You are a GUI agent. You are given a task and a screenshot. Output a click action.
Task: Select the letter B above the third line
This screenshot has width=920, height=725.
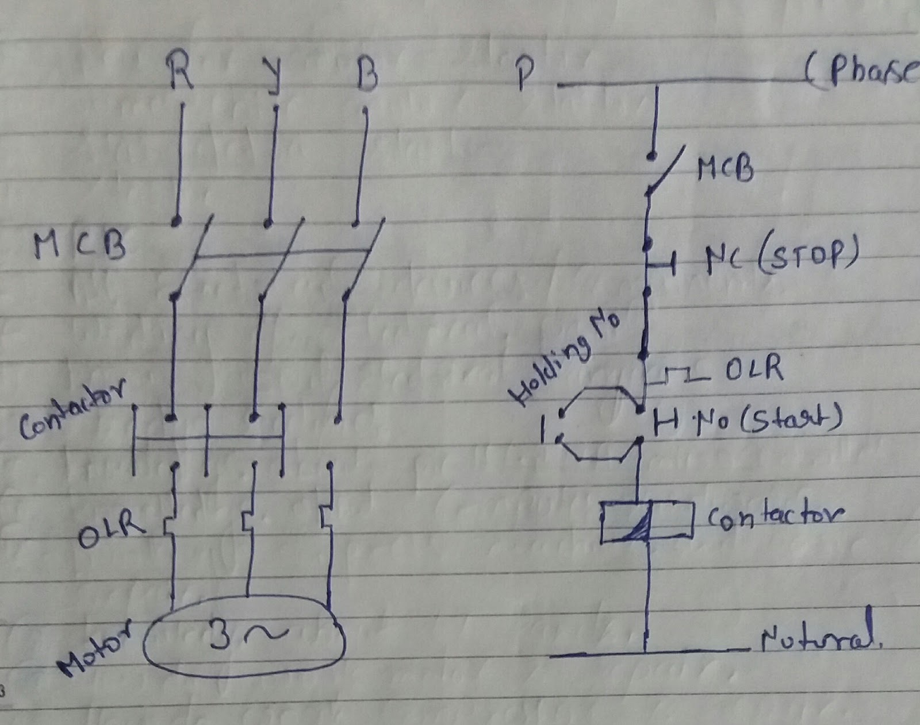[x=366, y=73]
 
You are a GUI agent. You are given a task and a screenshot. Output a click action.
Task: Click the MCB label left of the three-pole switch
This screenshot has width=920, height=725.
[x=79, y=245]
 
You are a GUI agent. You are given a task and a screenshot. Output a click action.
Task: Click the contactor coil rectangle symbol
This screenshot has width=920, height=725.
[x=646, y=522]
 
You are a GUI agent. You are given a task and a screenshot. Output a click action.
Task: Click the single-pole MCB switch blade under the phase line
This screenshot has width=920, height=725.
[x=666, y=171]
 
